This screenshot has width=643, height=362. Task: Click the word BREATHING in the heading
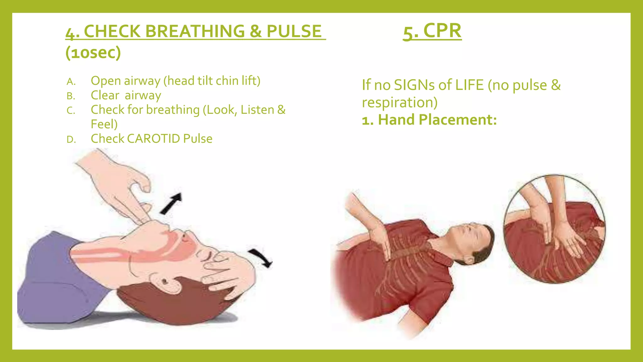tap(195, 31)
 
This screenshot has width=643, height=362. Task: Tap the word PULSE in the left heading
tap(294, 31)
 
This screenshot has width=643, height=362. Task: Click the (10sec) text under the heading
tap(93, 52)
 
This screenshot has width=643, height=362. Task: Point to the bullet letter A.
tap(71, 82)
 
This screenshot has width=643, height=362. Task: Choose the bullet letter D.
tap(71, 140)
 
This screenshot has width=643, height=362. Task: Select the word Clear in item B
tap(105, 95)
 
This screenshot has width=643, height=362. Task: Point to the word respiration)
tap(399, 102)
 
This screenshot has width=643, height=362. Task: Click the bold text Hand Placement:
tap(437, 120)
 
